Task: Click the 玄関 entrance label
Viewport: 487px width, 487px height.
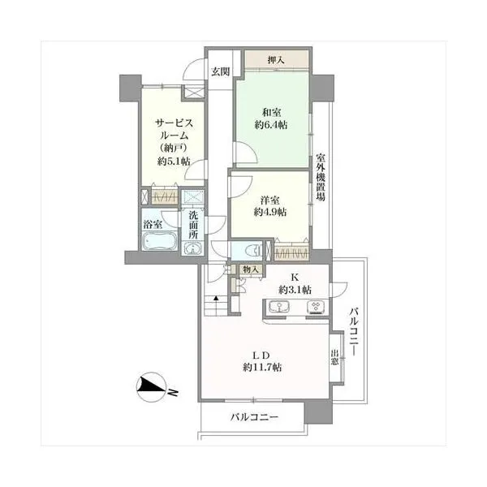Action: pyautogui.click(x=221, y=72)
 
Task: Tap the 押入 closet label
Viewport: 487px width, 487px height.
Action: pyautogui.click(x=276, y=60)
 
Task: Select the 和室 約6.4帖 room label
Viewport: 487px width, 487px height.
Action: pyautogui.click(x=271, y=119)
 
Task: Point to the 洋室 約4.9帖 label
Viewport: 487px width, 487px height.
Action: pyautogui.click(x=270, y=206)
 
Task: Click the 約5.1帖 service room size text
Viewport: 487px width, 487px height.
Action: pyautogui.click(x=174, y=162)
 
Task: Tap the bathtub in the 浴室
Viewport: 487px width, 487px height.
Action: pyautogui.click(x=160, y=241)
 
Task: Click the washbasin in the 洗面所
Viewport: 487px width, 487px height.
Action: pyautogui.click(x=193, y=248)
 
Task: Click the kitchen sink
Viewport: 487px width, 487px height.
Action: pyautogui.click(x=279, y=307)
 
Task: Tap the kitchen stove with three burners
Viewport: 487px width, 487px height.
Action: pyautogui.click(x=317, y=307)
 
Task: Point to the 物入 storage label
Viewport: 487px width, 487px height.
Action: pyautogui.click(x=251, y=269)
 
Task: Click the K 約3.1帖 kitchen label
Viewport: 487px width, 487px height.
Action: pyautogui.click(x=295, y=283)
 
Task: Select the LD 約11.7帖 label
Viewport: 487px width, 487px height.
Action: pyautogui.click(x=262, y=361)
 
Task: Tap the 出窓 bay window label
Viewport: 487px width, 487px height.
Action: pyautogui.click(x=334, y=357)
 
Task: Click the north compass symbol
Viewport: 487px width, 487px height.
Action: pyautogui.click(x=152, y=387)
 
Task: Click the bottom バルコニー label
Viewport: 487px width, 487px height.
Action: pyautogui.click(x=254, y=417)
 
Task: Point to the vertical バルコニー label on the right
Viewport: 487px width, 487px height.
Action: pyautogui.click(x=354, y=331)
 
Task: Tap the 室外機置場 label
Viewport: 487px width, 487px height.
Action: pyautogui.click(x=321, y=177)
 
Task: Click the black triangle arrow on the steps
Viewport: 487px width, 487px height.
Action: pyautogui.click(x=216, y=299)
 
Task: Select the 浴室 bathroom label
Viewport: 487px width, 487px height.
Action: pyautogui.click(x=153, y=224)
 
